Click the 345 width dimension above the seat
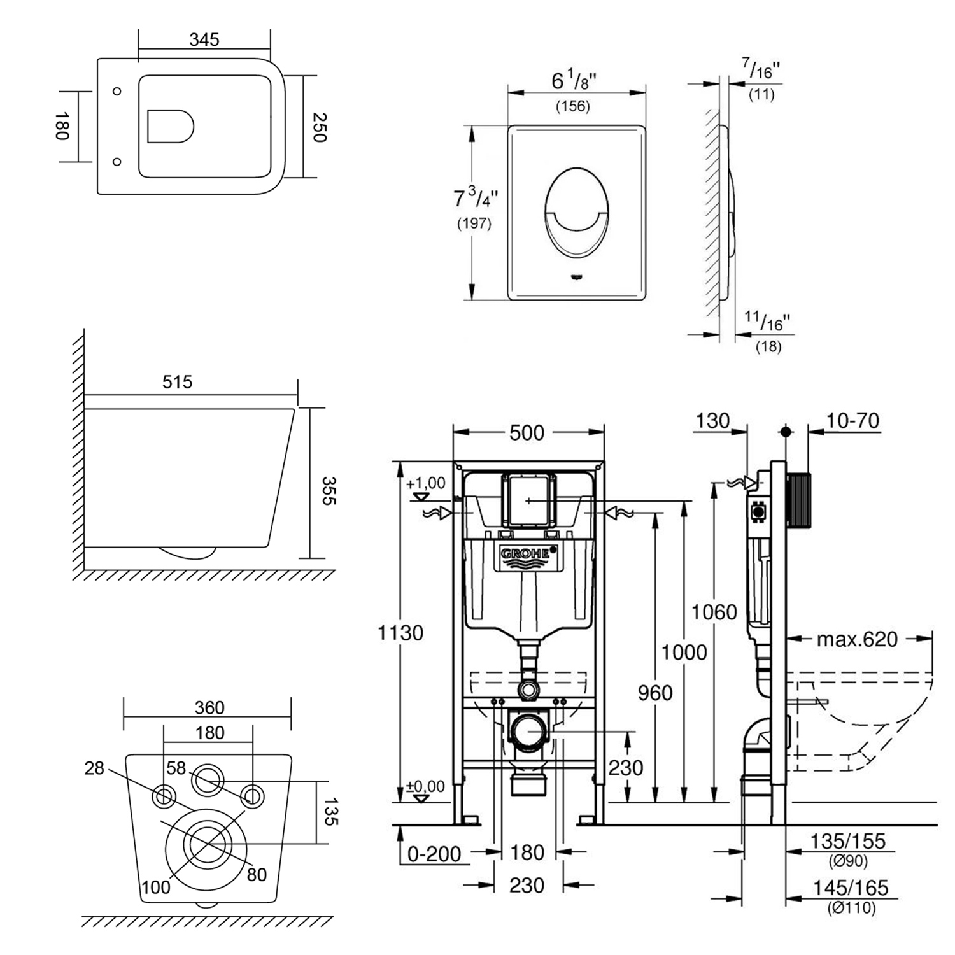click(x=204, y=39)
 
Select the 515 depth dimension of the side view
click(x=177, y=382)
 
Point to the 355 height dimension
click(x=329, y=490)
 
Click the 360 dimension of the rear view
click(x=209, y=707)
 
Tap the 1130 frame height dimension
click(x=400, y=633)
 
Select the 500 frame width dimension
click(x=527, y=433)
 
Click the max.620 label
click(x=857, y=639)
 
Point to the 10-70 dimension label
click(x=852, y=421)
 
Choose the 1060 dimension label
click(x=714, y=612)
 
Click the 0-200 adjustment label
click(x=435, y=854)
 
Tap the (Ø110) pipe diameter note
click(x=851, y=908)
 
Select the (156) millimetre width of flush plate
click(x=573, y=106)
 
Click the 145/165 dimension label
click(x=849, y=888)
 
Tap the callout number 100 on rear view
click(x=156, y=886)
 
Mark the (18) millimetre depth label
click(x=768, y=347)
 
